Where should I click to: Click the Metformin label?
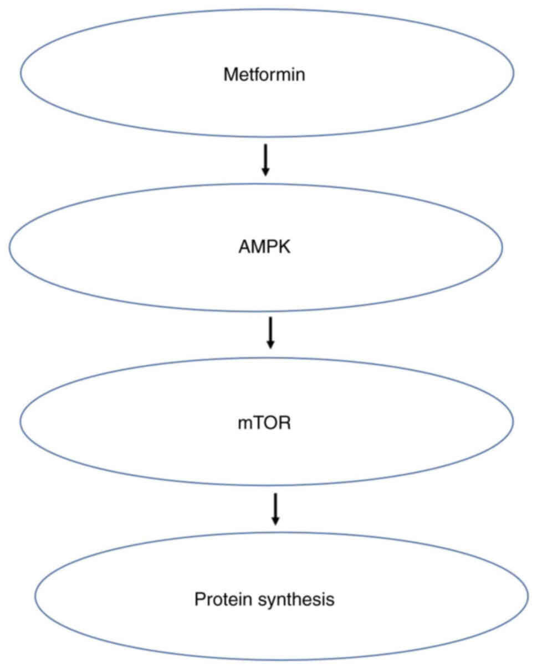tap(264, 75)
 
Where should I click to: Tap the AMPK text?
tap(264, 247)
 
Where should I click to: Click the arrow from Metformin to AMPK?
tap(265, 159)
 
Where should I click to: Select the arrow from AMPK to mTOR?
tap(270, 332)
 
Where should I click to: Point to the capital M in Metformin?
tap(229, 75)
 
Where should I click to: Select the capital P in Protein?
tap(199, 599)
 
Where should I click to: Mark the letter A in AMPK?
tap(242, 247)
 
